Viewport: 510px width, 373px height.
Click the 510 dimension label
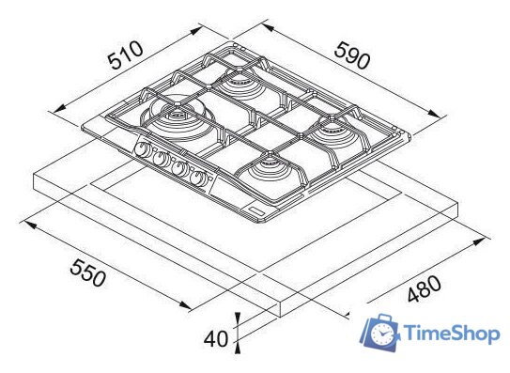pyautogui.click(x=126, y=55)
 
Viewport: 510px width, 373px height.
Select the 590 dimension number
pyautogui.click(x=352, y=55)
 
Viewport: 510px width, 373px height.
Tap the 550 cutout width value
pyautogui.click(x=88, y=272)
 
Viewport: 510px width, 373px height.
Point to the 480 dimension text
pyautogui.click(x=425, y=288)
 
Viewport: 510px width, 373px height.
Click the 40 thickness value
pyautogui.click(x=216, y=338)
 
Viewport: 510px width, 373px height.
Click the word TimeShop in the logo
pyautogui.click(x=452, y=334)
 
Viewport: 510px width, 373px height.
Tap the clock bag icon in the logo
pyautogui.click(x=380, y=333)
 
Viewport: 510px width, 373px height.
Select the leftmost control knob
pyautogui.click(x=142, y=149)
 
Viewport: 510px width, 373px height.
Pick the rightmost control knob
pyautogui.click(x=197, y=178)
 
